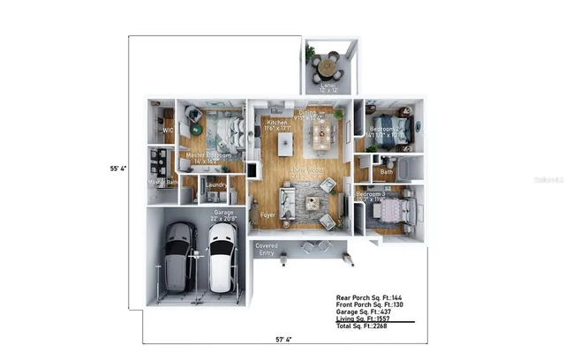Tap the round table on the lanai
click(x=328, y=64)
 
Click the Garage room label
click(x=222, y=214)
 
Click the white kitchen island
click(x=285, y=142)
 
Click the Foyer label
click(x=267, y=214)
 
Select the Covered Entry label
click(x=266, y=249)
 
